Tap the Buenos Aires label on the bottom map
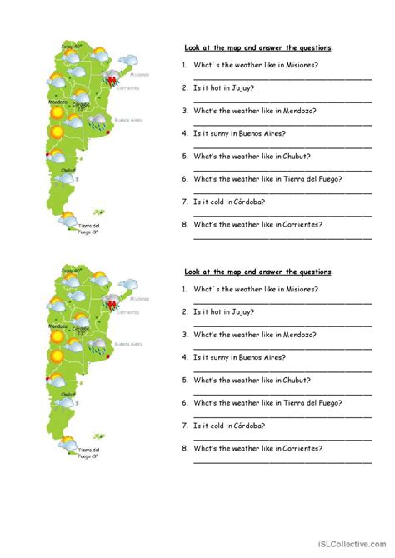pos(127,343)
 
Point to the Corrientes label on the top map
pos(129,87)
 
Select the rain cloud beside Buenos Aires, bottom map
pos(97,346)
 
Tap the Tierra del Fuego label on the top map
pos(89,229)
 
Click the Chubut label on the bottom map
pos(67,394)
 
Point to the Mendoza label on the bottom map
pos(57,326)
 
